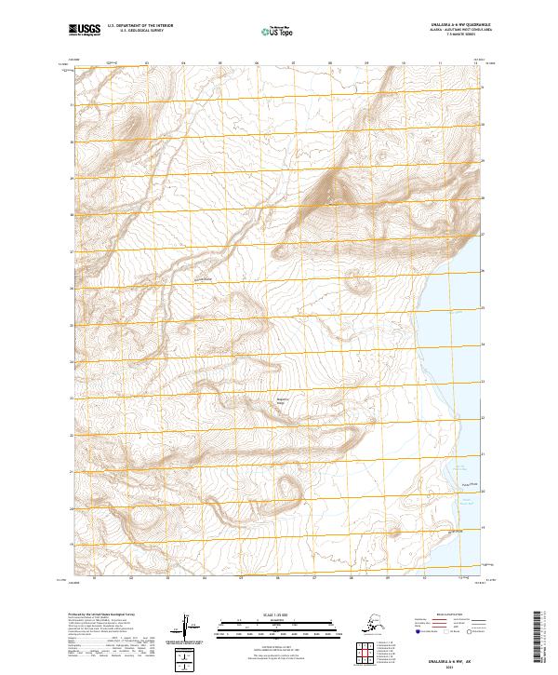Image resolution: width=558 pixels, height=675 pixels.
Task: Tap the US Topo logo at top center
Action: coord(276,31)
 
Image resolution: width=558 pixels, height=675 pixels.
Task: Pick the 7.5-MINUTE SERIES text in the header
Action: coord(448,36)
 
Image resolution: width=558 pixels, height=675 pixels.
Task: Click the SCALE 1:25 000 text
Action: coord(276,615)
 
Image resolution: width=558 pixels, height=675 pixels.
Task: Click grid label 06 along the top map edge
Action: coord(257,63)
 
